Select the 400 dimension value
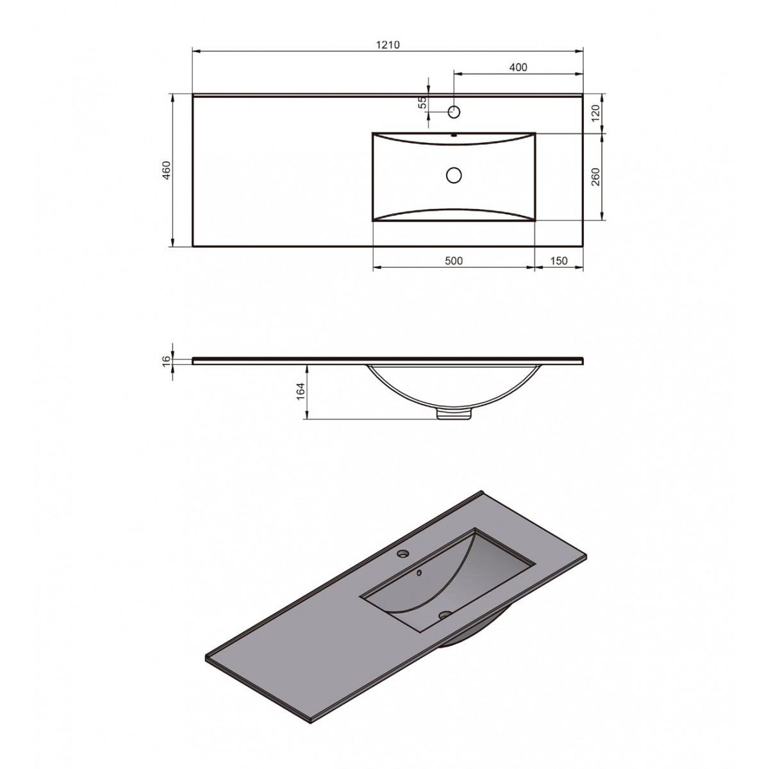[518, 67]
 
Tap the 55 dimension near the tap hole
[422, 103]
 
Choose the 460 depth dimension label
[166, 170]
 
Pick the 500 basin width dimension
[453, 260]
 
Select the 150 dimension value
[559, 260]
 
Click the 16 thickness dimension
[167, 361]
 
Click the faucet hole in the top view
[454, 112]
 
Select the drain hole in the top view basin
[454, 174]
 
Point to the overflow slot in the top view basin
[454, 135]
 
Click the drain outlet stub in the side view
[454, 414]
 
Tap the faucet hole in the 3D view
[404, 552]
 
